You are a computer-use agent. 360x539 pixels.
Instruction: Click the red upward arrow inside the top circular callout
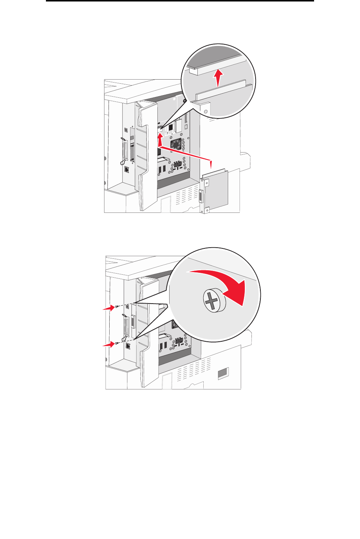click(x=219, y=78)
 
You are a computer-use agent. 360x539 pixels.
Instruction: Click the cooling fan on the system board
click(x=176, y=144)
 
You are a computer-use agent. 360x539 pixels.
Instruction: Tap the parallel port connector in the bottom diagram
click(x=126, y=327)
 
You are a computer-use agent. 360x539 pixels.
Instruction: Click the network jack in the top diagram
click(x=127, y=169)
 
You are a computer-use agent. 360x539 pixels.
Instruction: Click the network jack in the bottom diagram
click(x=128, y=346)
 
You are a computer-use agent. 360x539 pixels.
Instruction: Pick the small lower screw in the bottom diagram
click(x=117, y=343)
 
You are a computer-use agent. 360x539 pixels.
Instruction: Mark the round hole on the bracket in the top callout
click(x=206, y=111)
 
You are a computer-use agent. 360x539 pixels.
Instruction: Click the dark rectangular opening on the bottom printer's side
click(x=223, y=374)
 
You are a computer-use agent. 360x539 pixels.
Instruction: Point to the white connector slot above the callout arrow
click(x=160, y=128)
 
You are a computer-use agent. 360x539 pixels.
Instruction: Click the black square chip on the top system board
click(x=170, y=128)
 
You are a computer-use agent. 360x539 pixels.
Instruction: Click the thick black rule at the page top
click(x=180, y=1)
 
